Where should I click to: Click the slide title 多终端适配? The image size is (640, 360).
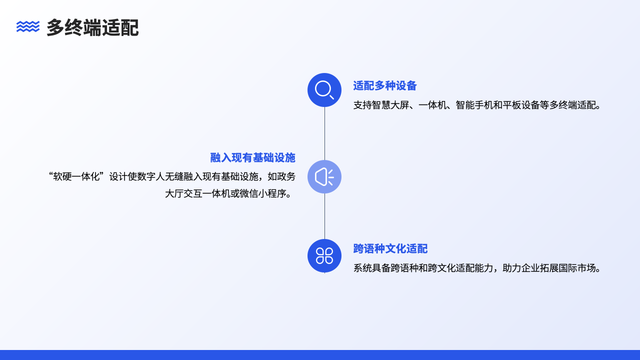point(92,28)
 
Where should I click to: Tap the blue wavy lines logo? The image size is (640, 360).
point(28,26)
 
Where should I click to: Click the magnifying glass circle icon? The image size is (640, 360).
point(324,90)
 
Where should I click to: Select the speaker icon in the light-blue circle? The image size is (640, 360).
point(324,177)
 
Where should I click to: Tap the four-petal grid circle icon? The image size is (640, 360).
point(324,256)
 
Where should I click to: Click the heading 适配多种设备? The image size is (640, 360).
point(385,86)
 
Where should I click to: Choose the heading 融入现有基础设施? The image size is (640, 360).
point(252,158)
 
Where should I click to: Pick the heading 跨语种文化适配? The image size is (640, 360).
point(390,249)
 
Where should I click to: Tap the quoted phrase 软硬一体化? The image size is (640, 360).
point(75,176)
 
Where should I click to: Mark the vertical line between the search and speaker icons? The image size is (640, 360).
point(324,133)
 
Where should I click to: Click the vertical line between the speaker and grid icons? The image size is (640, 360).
point(324,216)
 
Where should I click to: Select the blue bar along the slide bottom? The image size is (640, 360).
point(320,355)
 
